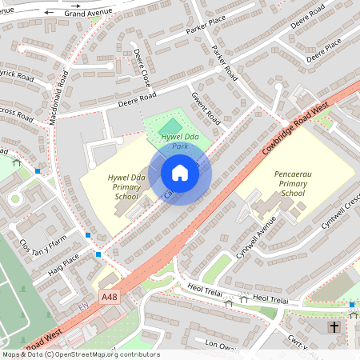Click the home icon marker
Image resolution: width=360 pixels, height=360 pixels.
coord(180,173)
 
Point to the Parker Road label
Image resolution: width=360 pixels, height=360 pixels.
coord(226,62)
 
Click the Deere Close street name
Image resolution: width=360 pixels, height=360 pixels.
coord(142,69)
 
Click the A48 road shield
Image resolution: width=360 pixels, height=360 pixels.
coord(110,297)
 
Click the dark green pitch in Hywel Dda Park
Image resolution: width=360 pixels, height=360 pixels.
coord(169,126)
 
